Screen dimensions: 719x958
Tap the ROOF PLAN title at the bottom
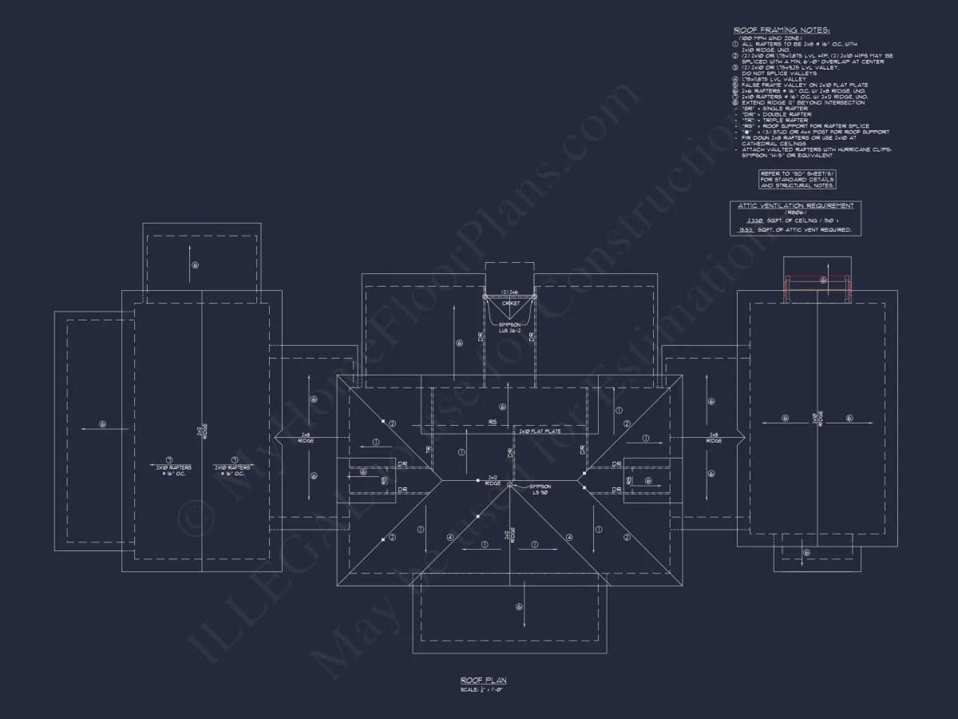[478, 681]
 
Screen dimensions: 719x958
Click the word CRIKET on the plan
[510, 304]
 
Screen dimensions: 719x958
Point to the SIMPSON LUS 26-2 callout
[510, 328]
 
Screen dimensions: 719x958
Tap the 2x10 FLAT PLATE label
[540, 431]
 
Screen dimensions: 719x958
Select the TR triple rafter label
[429, 450]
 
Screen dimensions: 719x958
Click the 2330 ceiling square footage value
[754, 219]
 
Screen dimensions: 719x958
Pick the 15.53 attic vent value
[746, 229]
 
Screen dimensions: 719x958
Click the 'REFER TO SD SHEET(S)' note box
[797, 180]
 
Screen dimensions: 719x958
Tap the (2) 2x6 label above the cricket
[510, 292]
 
